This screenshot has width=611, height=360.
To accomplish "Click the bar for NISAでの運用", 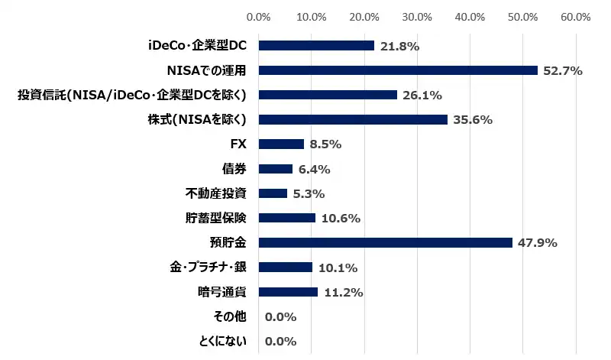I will tap(399, 70).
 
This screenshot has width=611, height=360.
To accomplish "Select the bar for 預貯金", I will tap(386, 242).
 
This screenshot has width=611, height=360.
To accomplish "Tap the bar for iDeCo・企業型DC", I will tap(317, 46).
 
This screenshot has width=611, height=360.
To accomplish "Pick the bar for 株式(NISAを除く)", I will tap(354, 119).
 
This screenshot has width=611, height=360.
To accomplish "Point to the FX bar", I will tap(282, 144).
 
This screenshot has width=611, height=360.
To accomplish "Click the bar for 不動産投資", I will tap(273, 193).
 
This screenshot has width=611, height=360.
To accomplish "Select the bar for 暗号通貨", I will tap(289, 291).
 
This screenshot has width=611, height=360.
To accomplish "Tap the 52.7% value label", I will tap(563, 71).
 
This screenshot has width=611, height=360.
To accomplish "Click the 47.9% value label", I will tap(538, 243).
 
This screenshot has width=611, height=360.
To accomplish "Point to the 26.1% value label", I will tap(422, 96).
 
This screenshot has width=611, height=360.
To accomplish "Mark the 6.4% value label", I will tap(314, 169).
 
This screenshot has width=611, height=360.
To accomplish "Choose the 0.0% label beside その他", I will tap(280, 316).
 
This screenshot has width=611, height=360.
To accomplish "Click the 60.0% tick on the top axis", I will tap(575, 16).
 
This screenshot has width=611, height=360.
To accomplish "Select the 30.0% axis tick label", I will tap(417, 16).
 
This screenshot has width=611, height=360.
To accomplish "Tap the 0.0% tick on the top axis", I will tap(260, 16).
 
